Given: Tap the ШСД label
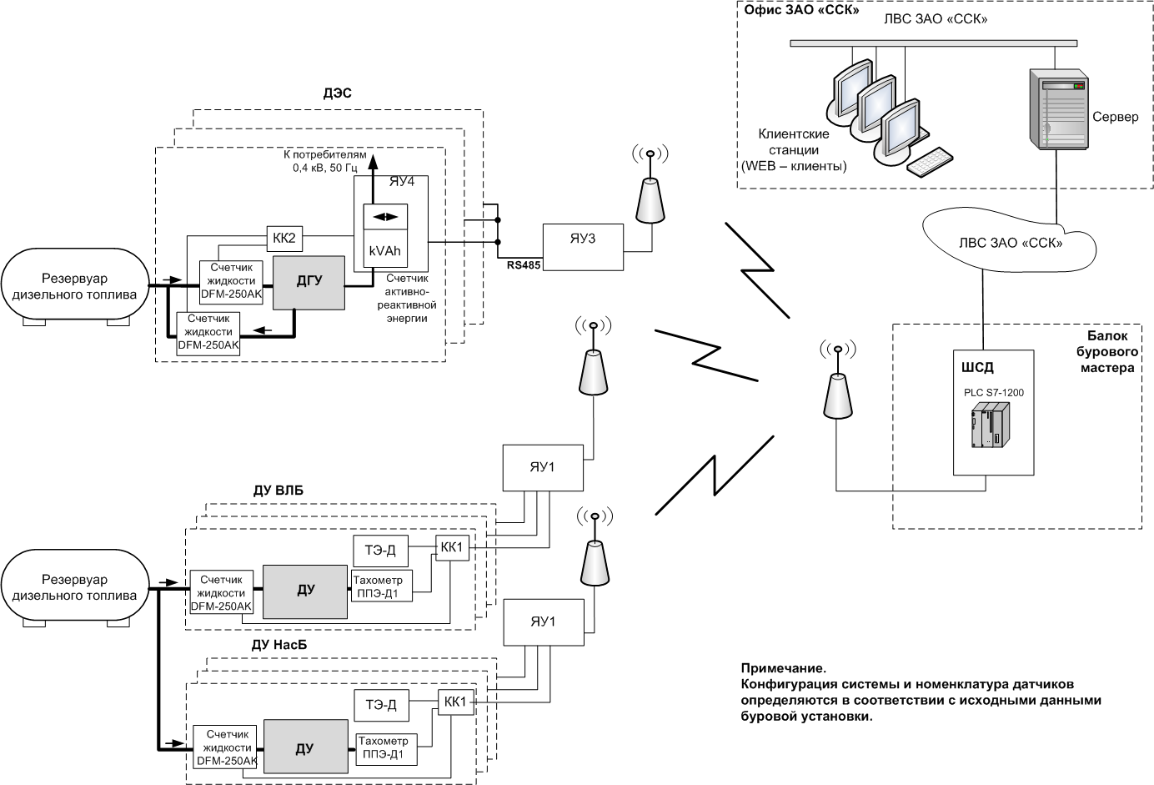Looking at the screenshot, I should tap(977, 367).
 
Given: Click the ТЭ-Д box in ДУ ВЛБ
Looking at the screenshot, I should tap(380, 550).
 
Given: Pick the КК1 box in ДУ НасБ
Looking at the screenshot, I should tap(456, 701).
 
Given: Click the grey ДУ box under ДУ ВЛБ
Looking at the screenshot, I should tap(305, 591).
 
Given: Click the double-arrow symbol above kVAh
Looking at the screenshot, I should tap(385, 216).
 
